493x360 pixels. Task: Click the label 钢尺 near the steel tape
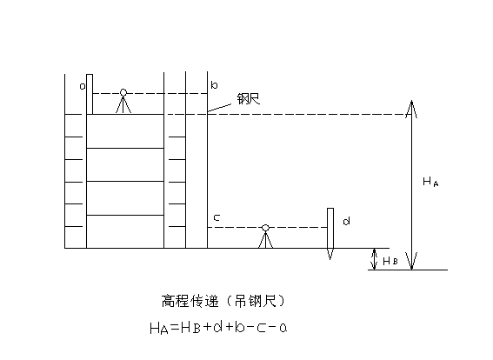click(249, 99)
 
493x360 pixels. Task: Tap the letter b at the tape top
click(214, 85)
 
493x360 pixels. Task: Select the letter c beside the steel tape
click(217, 217)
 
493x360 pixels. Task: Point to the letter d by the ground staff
click(346, 222)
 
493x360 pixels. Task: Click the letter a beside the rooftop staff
click(83, 86)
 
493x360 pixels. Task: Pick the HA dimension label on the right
click(430, 182)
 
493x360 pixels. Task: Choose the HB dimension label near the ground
click(390, 261)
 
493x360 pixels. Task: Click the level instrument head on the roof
click(123, 92)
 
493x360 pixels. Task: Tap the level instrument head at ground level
click(265, 227)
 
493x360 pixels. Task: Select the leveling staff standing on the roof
click(90, 94)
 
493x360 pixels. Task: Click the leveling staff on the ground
click(330, 228)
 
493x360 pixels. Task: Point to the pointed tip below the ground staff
click(330, 259)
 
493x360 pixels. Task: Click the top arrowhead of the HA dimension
click(411, 101)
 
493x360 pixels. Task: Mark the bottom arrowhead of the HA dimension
click(411, 270)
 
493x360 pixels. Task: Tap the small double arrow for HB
click(374, 259)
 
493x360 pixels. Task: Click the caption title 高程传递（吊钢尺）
click(223, 301)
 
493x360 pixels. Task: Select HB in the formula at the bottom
click(190, 328)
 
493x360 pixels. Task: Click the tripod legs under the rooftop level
click(123, 104)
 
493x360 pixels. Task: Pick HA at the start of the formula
click(159, 328)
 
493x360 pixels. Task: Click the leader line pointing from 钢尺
click(219, 108)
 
